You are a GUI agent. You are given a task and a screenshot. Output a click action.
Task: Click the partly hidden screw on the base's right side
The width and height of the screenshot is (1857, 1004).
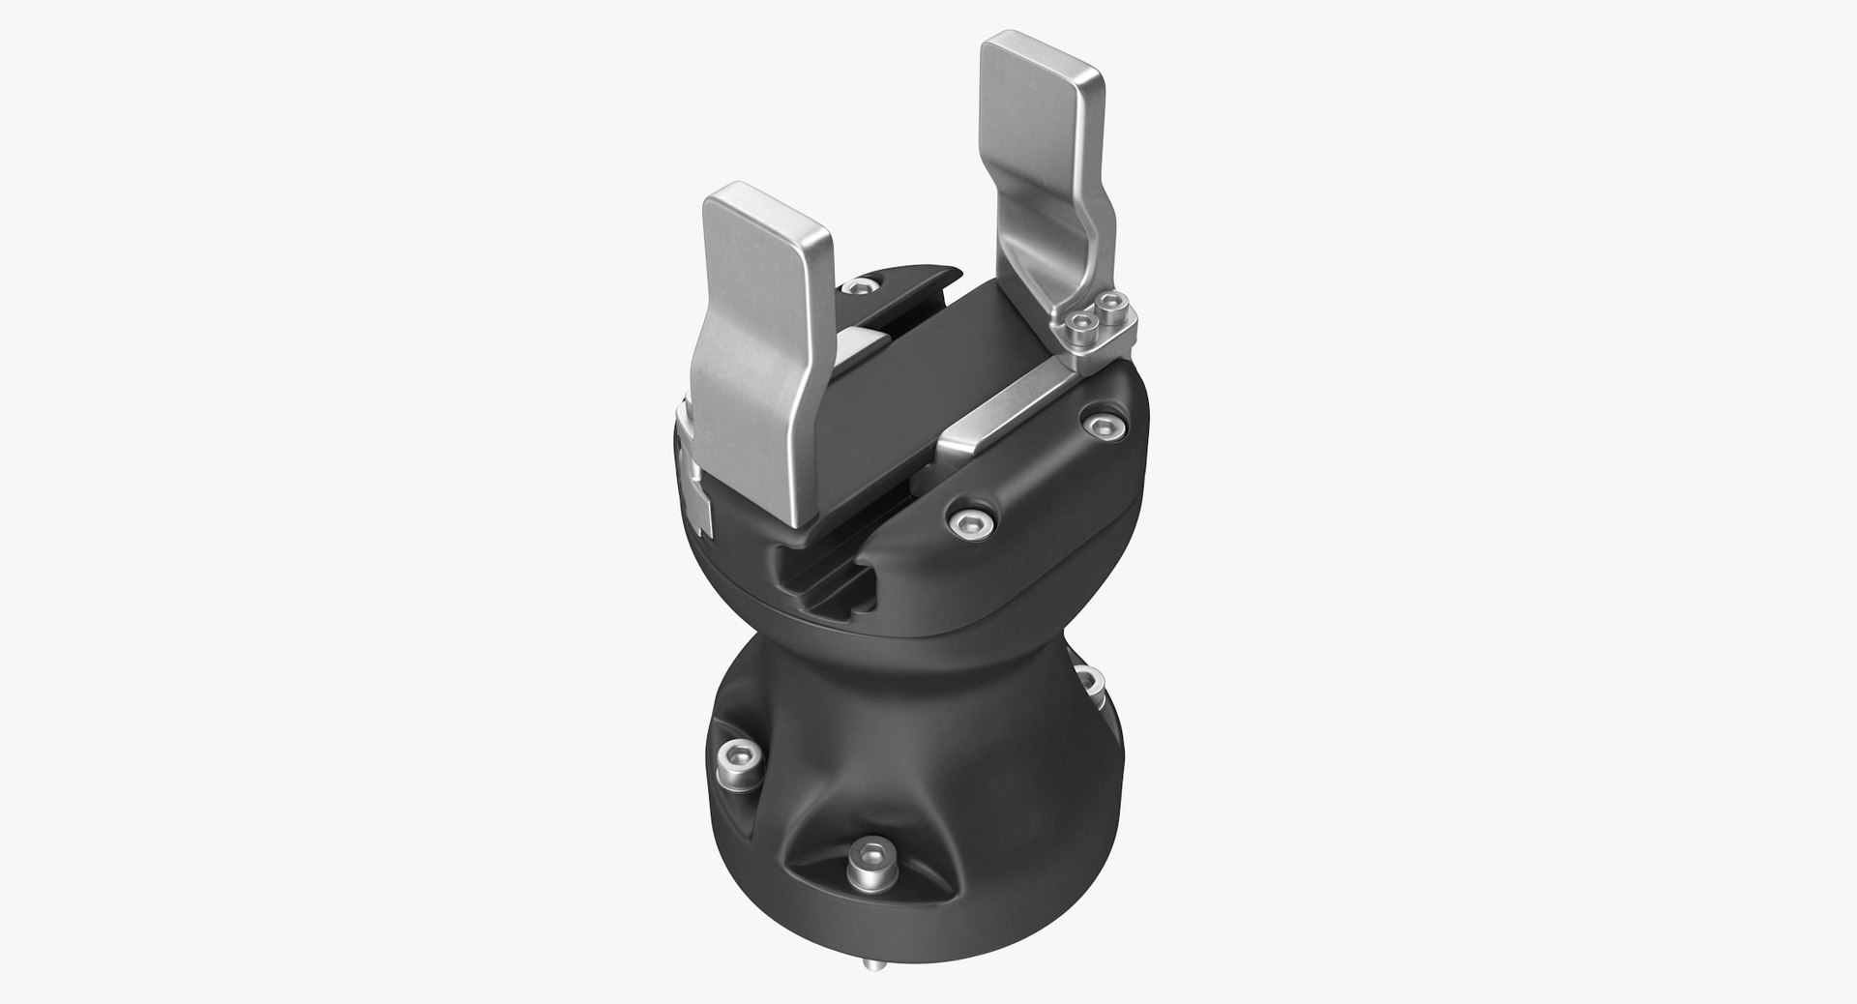coord(1089,681)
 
